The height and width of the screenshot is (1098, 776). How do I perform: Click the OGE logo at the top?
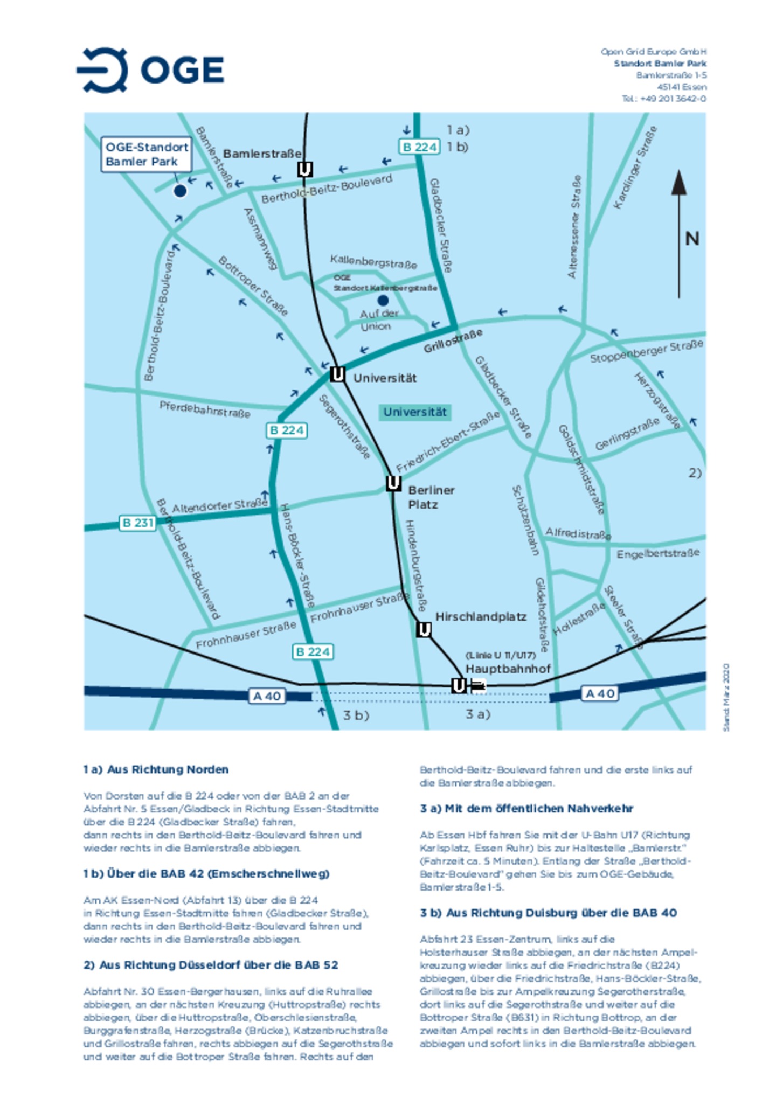click(x=151, y=70)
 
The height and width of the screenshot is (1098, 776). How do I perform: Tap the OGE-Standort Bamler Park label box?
click(x=146, y=155)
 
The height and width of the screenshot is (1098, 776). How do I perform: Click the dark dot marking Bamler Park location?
click(x=180, y=191)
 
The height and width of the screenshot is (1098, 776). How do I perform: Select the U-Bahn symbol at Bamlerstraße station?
click(x=305, y=170)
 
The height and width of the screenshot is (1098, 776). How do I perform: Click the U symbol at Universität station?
click(x=337, y=374)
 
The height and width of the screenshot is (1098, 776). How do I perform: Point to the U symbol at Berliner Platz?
click(x=393, y=483)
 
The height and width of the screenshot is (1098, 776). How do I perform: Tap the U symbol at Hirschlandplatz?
click(x=424, y=629)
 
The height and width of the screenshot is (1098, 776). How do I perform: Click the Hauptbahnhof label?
click(x=508, y=669)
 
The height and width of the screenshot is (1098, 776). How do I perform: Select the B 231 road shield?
click(x=137, y=523)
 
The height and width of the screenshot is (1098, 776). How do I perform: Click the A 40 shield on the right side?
click(x=600, y=693)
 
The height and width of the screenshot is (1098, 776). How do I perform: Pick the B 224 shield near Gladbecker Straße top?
click(x=419, y=147)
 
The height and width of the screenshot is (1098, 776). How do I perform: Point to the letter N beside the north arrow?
click(x=692, y=239)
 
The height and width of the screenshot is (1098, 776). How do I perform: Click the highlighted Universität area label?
click(x=414, y=412)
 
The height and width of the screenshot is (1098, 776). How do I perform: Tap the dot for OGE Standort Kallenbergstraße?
click(x=383, y=300)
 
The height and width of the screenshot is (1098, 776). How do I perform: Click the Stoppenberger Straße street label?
click(x=646, y=351)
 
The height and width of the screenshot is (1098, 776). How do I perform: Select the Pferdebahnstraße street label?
click(x=205, y=409)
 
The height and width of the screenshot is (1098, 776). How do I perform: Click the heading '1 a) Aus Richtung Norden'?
click(x=156, y=769)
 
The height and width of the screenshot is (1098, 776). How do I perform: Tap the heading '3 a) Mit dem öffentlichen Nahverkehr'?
click(x=526, y=809)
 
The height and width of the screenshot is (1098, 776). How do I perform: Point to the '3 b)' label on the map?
click(x=356, y=715)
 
